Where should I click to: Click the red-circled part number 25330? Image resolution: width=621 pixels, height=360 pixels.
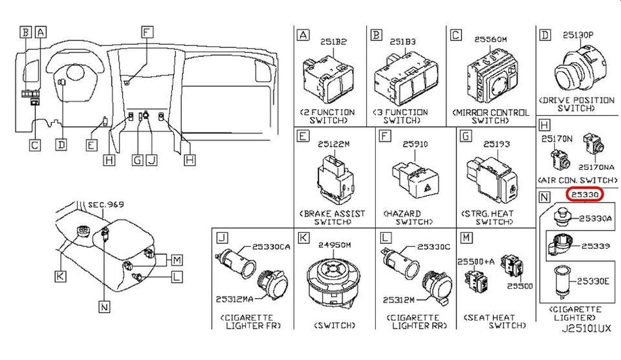(x=584, y=195)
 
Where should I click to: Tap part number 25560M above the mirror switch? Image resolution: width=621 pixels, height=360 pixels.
(x=491, y=40)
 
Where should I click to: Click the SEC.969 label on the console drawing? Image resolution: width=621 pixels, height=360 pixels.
(x=105, y=206)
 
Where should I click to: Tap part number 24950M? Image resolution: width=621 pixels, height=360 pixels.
(x=335, y=246)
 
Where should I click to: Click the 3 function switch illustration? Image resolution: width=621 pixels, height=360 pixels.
(x=406, y=81)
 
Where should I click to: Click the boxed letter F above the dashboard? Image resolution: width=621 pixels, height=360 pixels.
(x=147, y=31)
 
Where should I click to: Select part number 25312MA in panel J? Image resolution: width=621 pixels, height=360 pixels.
(x=235, y=299)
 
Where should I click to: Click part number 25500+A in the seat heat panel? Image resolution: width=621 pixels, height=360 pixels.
(x=476, y=261)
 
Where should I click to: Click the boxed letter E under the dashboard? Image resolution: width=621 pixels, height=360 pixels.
(x=92, y=145)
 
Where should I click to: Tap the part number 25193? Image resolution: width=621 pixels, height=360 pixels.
(x=495, y=144)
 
